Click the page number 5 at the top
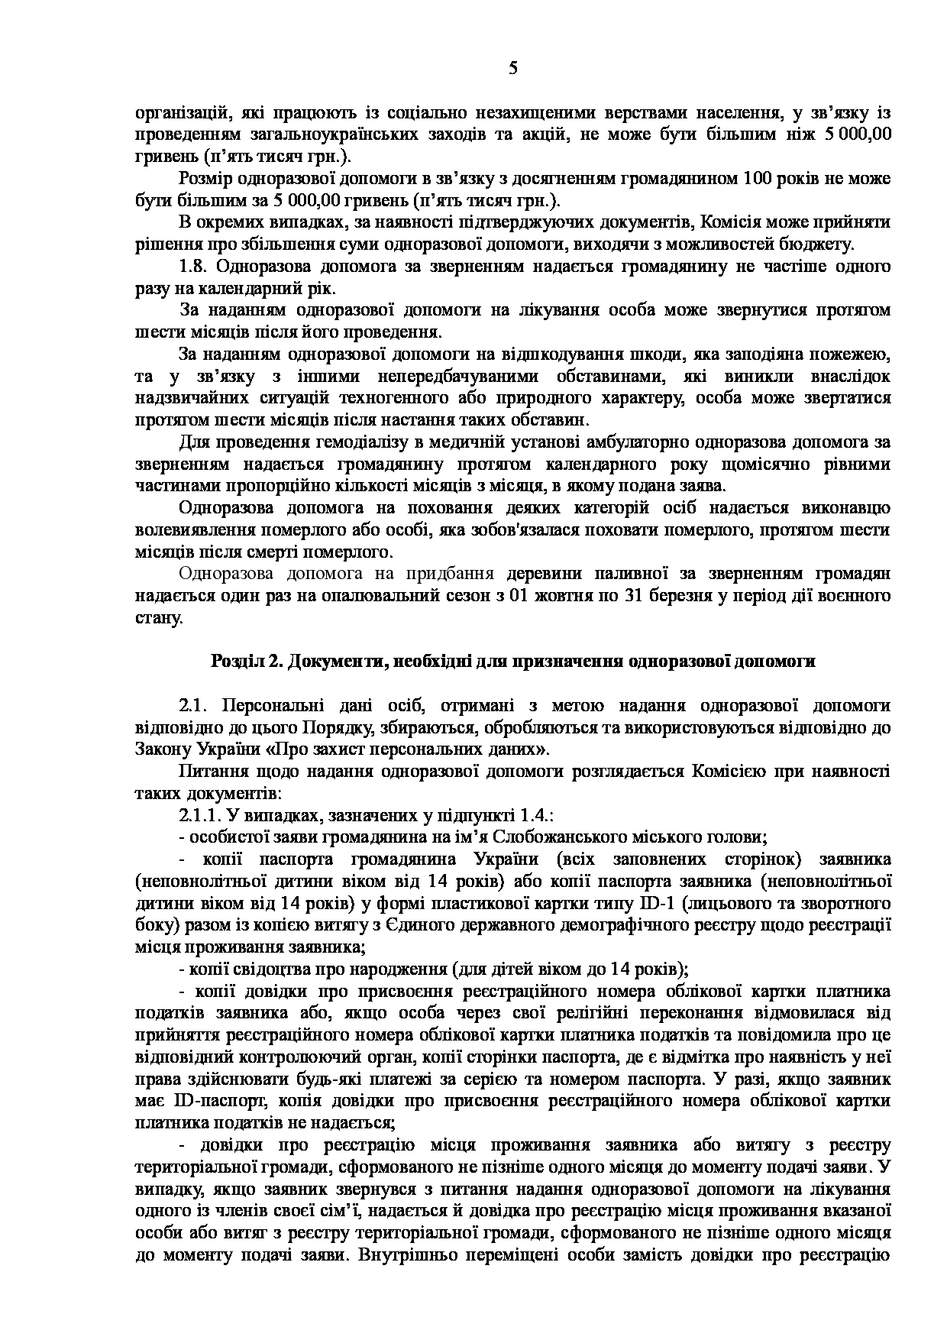click(512, 69)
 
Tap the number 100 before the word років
click(758, 179)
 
